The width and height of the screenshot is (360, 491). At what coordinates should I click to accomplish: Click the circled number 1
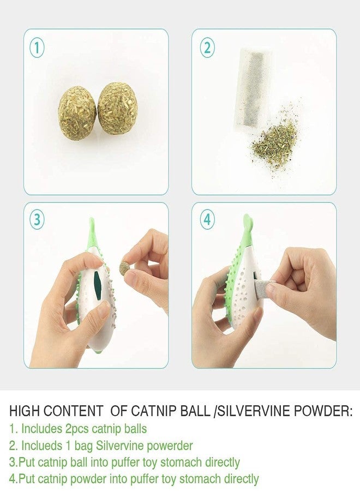(37, 48)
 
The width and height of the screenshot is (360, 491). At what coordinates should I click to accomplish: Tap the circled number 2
(206, 48)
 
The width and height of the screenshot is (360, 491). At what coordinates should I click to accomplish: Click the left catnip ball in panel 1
(77, 112)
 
